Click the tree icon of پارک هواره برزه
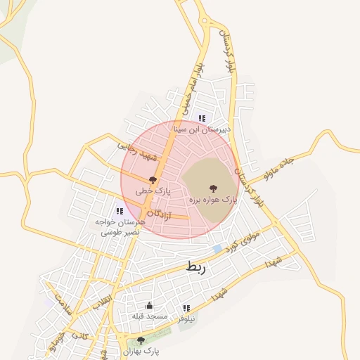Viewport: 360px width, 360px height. pyautogui.click(x=214, y=188)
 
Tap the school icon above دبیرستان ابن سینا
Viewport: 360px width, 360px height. pyautogui.click(x=202, y=118)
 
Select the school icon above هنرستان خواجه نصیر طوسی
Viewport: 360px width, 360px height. pyautogui.click(x=120, y=211)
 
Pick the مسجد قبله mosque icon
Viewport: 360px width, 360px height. pyautogui.click(x=149, y=306)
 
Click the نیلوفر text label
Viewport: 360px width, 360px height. pyautogui.click(x=186, y=319)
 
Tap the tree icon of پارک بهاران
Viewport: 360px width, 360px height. pyautogui.click(x=141, y=340)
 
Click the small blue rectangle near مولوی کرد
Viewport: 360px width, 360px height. pyautogui.click(x=217, y=249)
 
